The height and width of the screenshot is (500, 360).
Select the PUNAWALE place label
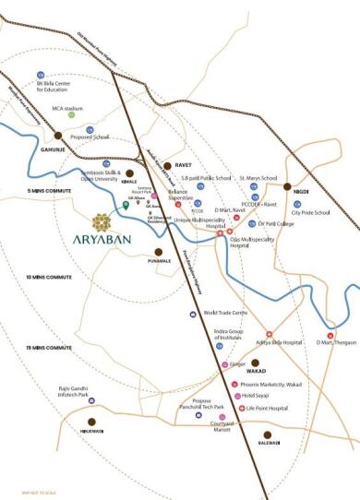pyautogui.click(x=159, y=261)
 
